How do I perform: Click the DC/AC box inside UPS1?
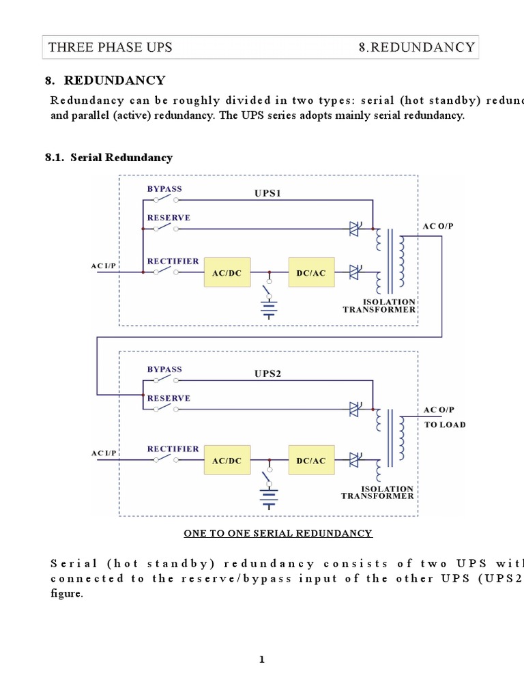pyautogui.click(x=311, y=272)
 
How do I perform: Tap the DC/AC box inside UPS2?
pyautogui.click(x=311, y=461)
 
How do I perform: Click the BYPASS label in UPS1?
pyautogui.click(x=164, y=188)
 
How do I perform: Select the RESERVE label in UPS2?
pyautogui.click(x=169, y=398)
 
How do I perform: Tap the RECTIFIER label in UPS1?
pyautogui.click(x=173, y=261)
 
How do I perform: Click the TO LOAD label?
pyautogui.click(x=445, y=425)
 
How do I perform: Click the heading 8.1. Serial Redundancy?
pyautogui.click(x=108, y=158)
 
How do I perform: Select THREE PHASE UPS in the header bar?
pyautogui.click(x=110, y=47)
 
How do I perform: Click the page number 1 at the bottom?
pyautogui.click(x=261, y=659)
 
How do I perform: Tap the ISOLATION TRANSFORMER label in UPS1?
pyautogui.click(x=379, y=305)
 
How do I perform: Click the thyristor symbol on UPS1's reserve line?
pyautogui.click(x=355, y=229)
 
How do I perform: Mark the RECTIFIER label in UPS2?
pyautogui.click(x=173, y=448)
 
